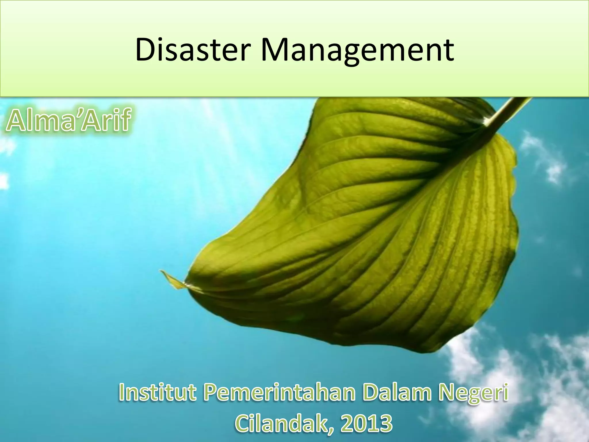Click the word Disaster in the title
(191, 50)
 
